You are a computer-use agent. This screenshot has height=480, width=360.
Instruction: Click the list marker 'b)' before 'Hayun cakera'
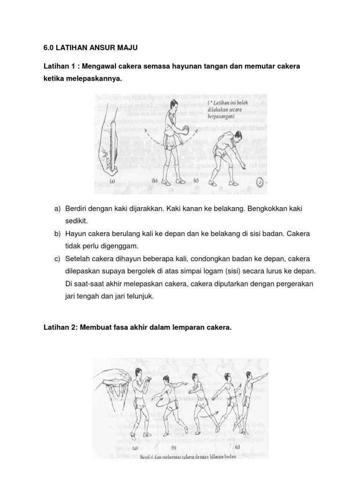click(58, 233)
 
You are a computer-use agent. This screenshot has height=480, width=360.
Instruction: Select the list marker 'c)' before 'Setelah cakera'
click(58, 259)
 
